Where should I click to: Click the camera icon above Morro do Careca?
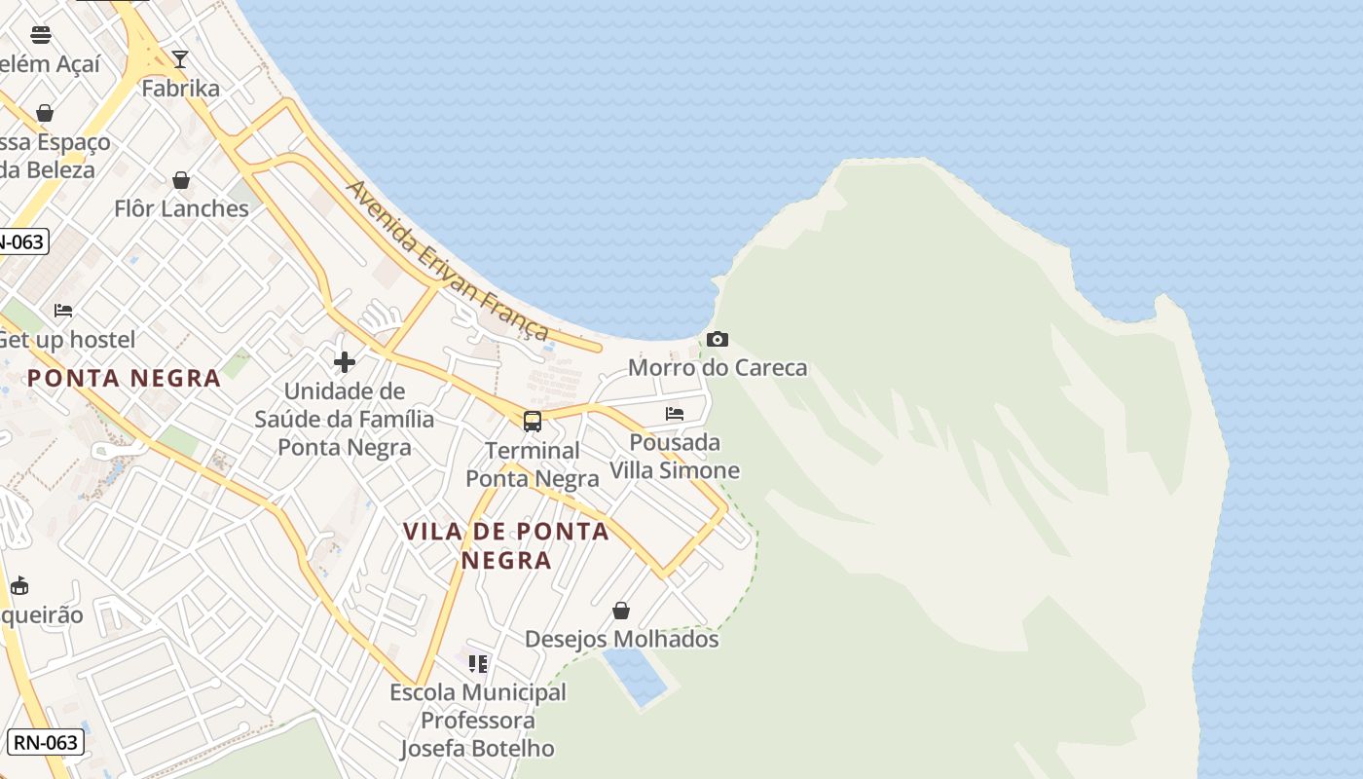(x=718, y=339)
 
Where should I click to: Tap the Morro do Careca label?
(x=718, y=368)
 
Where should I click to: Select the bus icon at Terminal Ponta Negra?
(x=532, y=421)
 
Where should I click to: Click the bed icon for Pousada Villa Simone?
(x=675, y=413)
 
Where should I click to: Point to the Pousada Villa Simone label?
(x=675, y=457)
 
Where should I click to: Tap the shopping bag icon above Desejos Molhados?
(x=621, y=611)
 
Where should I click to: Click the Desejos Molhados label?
(x=621, y=640)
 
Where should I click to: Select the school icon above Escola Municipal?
(x=477, y=664)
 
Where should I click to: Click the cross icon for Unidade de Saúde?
(x=345, y=362)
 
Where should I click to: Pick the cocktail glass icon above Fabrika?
(x=180, y=59)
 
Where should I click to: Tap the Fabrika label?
(x=181, y=89)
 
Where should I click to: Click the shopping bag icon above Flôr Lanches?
(x=181, y=180)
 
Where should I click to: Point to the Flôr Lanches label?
(x=181, y=209)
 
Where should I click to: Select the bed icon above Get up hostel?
(x=63, y=311)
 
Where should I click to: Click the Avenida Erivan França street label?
(x=448, y=260)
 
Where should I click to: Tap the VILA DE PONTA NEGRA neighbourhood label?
(x=506, y=545)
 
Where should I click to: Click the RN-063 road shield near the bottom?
(x=46, y=742)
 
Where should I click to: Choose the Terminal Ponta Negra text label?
(x=533, y=464)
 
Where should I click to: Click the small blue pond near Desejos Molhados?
(x=636, y=676)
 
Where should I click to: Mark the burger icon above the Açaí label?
(x=41, y=35)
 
